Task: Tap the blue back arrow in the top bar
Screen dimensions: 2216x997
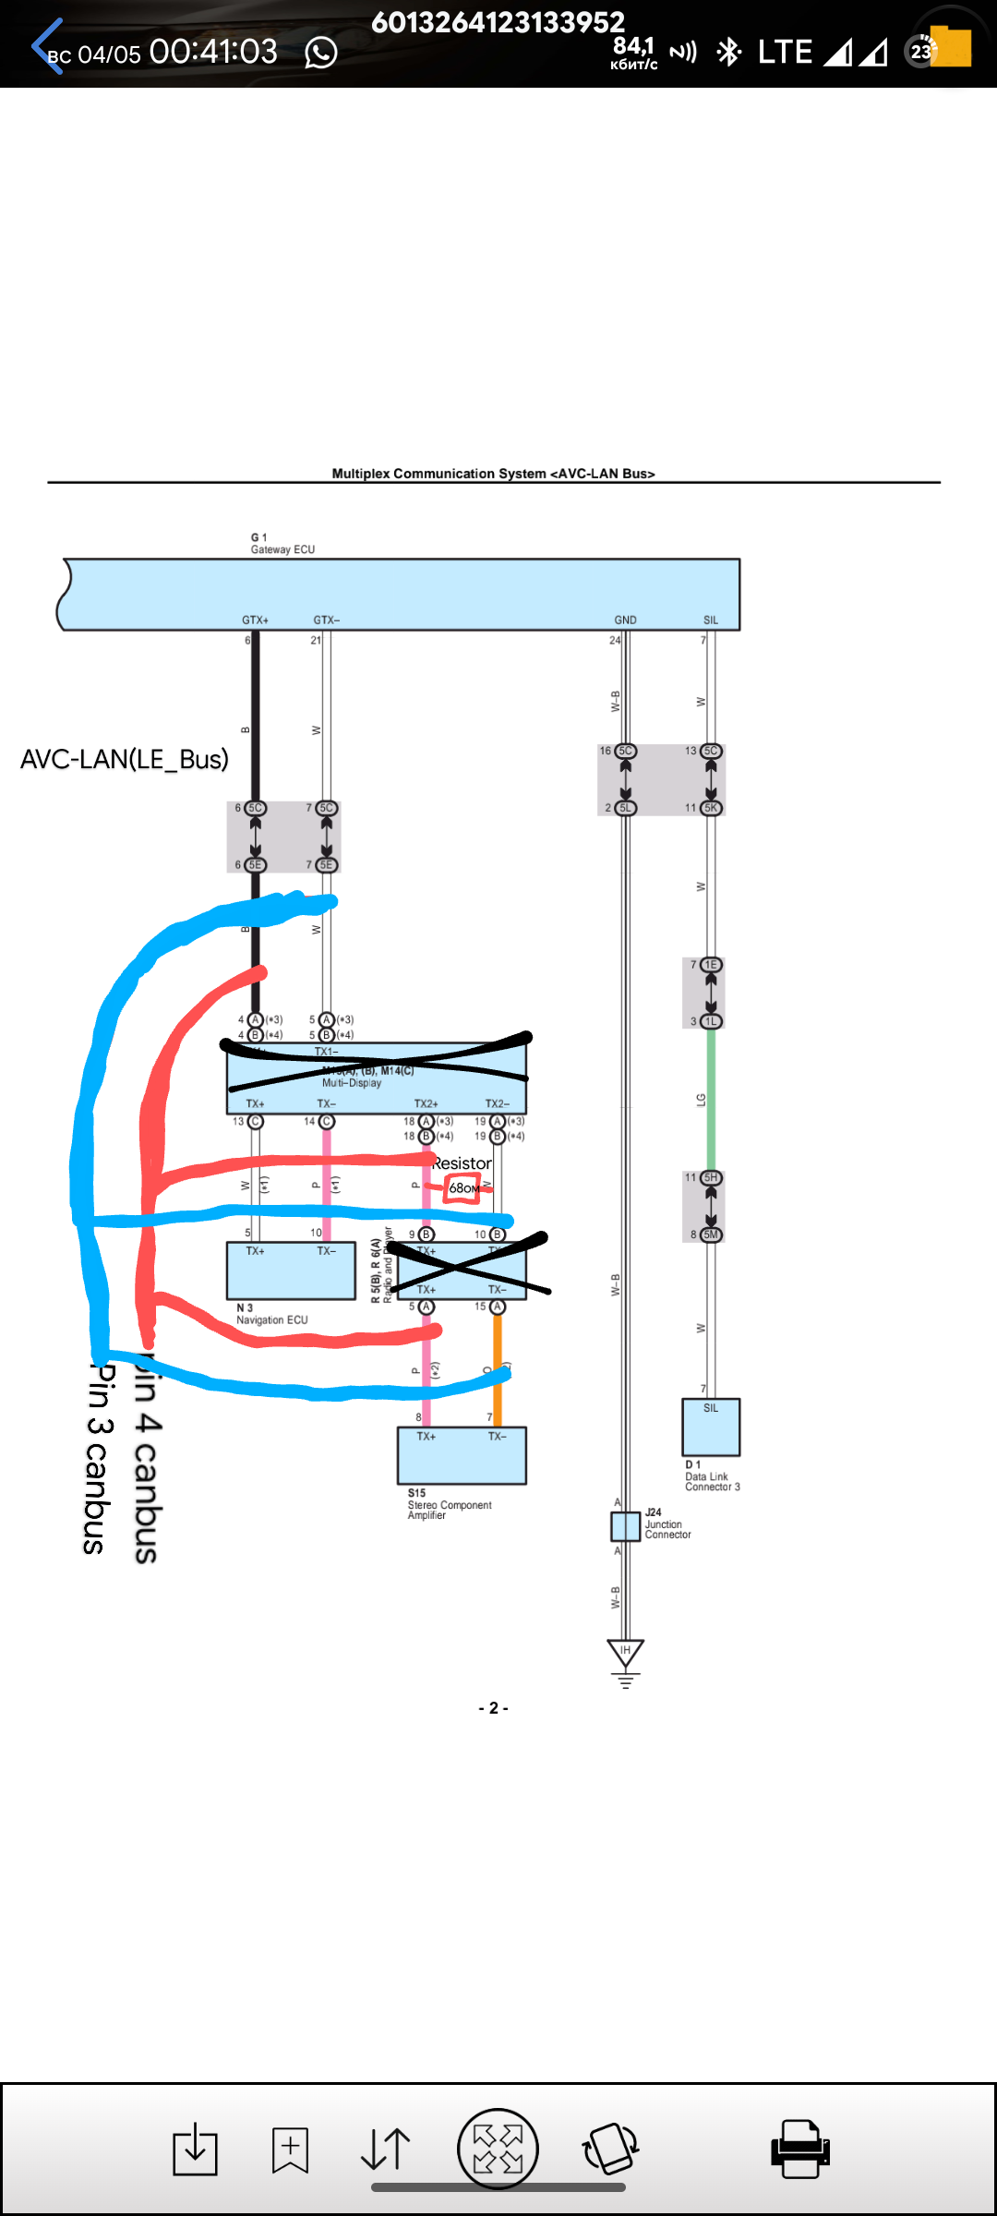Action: pyautogui.click(x=46, y=46)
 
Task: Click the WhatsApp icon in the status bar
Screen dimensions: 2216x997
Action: pyautogui.click(x=321, y=53)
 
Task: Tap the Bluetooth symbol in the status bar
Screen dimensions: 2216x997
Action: pyautogui.click(x=729, y=52)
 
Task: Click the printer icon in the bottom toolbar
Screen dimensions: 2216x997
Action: pyautogui.click(x=799, y=2148)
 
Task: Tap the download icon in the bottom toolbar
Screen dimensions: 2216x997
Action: pyautogui.click(x=196, y=2149)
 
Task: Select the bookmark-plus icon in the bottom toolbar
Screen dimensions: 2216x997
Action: pyautogui.click(x=290, y=2149)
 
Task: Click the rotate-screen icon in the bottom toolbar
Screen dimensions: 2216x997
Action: pyautogui.click(x=610, y=2149)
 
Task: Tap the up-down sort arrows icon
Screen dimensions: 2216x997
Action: pyautogui.click(x=385, y=2149)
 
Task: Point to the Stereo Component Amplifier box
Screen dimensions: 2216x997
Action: pyautogui.click(x=462, y=1455)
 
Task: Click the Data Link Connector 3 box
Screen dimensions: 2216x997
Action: pyautogui.click(x=711, y=1427)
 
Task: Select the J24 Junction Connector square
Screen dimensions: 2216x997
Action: pyautogui.click(x=625, y=1526)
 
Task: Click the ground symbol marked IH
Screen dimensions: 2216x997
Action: pyautogui.click(x=625, y=1653)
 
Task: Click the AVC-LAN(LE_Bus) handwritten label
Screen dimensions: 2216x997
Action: pyautogui.click(x=125, y=759)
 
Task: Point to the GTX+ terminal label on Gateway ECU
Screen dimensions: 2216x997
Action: pyautogui.click(x=255, y=620)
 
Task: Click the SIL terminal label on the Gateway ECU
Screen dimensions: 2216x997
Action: pyautogui.click(x=711, y=620)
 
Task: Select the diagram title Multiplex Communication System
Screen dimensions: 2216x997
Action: pyautogui.click(x=493, y=474)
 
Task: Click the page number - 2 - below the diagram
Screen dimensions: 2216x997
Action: pyautogui.click(x=493, y=1708)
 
